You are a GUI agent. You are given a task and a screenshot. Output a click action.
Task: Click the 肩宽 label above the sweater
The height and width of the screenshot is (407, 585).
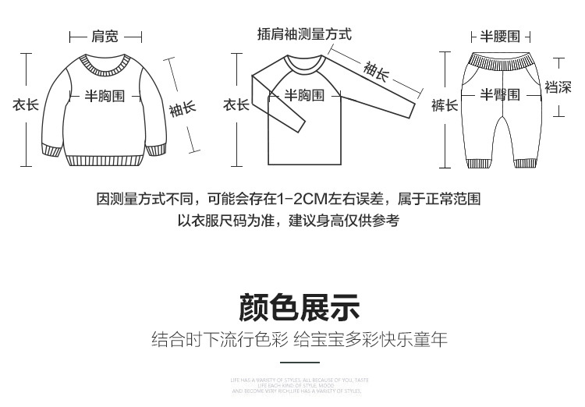[105, 36]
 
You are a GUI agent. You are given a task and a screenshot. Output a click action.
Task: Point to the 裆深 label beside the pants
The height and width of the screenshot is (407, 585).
[558, 87]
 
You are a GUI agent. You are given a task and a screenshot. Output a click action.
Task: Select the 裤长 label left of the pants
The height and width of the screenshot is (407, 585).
[445, 104]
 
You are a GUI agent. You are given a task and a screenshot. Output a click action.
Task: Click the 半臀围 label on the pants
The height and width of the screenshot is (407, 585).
[499, 95]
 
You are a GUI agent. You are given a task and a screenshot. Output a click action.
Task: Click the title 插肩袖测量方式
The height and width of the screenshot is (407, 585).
[304, 34]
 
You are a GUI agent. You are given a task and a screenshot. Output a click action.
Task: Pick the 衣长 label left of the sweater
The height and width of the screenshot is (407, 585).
[25, 104]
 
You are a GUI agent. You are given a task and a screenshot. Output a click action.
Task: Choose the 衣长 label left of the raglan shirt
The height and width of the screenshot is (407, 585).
[236, 104]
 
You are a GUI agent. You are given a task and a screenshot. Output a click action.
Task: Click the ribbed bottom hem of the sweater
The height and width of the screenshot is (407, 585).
[105, 161]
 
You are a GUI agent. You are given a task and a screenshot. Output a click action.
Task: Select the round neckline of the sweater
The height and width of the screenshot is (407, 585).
[105, 61]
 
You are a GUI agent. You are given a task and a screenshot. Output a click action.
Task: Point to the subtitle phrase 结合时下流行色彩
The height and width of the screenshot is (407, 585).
[220, 340]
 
